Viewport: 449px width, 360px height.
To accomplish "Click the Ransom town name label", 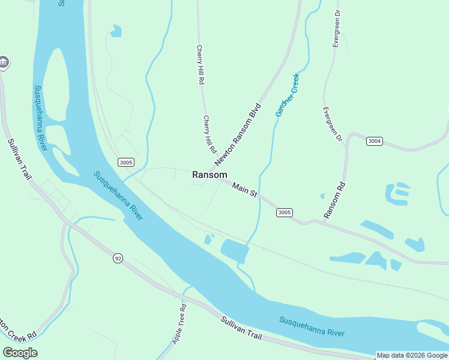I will (x=209, y=175).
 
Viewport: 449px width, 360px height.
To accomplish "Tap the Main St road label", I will (x=245, y=190).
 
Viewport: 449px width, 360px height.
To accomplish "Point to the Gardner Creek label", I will (x=287, y=95).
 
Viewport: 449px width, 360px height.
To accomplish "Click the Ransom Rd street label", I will (x=334, y=200).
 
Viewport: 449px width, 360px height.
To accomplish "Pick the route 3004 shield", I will (x=374, y=141).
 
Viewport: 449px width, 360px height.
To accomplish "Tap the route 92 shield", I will (x=118, y=258).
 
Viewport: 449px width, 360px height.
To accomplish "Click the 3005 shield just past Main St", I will (x=285, y=212).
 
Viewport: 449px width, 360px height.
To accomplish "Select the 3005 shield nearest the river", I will (x=125, y=162).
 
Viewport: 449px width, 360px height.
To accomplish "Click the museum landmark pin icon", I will (x=4, y=62).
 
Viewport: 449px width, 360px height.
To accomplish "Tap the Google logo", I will (x=20, y=352).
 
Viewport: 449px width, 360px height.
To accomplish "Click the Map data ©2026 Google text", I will (x=412, y=355).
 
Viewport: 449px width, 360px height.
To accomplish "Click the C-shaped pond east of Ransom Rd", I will (x=397, y=194).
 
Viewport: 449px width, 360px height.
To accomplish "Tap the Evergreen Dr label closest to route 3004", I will (x=331, y=125).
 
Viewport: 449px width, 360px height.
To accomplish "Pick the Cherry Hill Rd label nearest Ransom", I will (x=208, y=134).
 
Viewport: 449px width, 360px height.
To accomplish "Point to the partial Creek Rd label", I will (x=18, y=332).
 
